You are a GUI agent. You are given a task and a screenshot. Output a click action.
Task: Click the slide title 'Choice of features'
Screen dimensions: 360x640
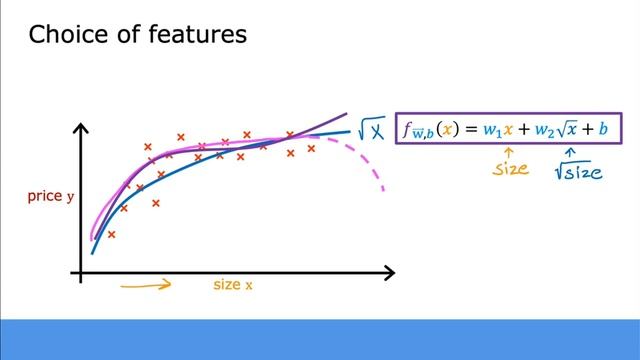[x=137, y=36]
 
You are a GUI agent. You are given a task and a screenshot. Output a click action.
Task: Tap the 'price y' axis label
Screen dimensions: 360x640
[x=51, y=197]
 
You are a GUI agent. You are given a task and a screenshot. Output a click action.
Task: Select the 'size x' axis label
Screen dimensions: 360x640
[x=233, y=285]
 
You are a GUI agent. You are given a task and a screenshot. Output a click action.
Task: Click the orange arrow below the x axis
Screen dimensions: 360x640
[x=145, y=285]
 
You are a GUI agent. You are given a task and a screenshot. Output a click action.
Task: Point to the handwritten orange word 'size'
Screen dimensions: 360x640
[x=510, y=168]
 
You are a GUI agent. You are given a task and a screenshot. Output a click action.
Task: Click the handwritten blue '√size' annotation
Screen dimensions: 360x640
[x=579, y=170]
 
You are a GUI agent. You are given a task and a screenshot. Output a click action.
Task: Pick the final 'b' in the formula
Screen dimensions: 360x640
[x=604, y=129]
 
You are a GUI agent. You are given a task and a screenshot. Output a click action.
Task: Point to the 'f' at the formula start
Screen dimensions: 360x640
[x=408, y=129]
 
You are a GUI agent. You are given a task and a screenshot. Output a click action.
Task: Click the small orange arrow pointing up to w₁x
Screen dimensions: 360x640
[x=506, y=151]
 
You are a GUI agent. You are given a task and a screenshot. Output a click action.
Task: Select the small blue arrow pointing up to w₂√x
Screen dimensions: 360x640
[x=571, y=151]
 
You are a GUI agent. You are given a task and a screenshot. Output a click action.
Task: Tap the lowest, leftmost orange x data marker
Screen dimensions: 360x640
[x=111, y=234]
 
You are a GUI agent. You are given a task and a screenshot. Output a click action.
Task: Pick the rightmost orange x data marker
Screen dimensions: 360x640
[x=311, y=148]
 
